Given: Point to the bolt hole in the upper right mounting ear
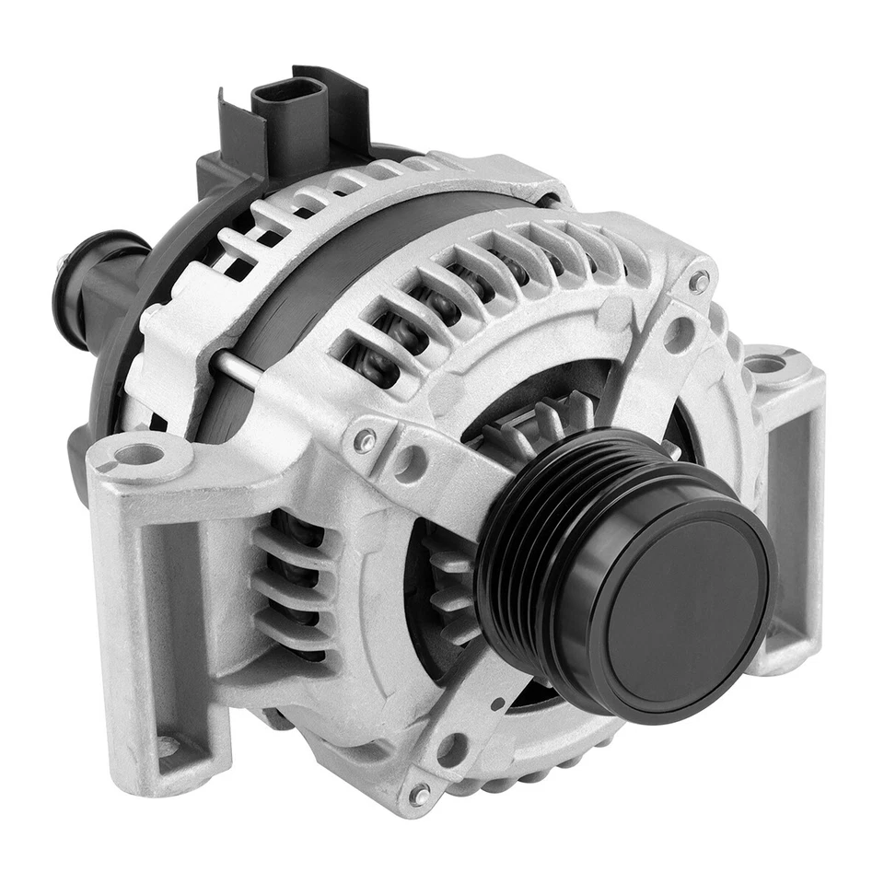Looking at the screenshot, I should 765,365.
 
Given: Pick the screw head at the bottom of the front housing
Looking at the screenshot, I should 419,793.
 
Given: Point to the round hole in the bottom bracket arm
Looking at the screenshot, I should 450,748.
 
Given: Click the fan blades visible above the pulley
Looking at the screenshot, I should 543,419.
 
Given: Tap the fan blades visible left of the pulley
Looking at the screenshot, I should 451,589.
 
